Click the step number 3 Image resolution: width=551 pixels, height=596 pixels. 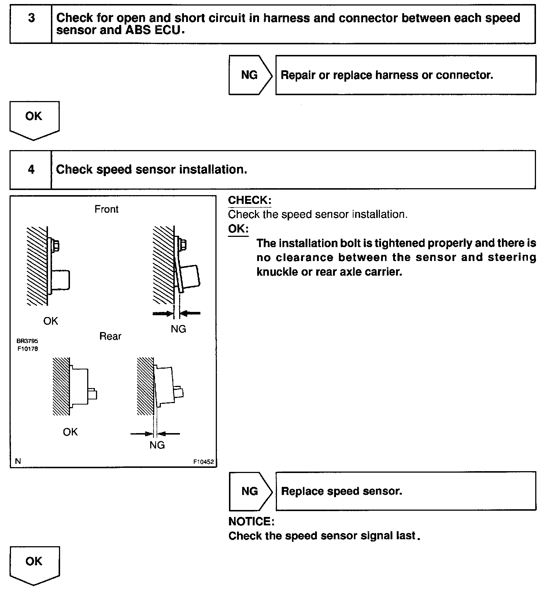pos(32,18)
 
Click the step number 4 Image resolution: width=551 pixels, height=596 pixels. pos(32,170)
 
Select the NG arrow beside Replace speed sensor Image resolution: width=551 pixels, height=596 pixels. pos(250,491)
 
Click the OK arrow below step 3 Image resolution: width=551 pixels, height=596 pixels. pos(34,119)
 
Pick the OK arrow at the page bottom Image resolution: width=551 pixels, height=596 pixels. pos(34,564)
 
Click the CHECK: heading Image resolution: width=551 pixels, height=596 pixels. pos(249,200)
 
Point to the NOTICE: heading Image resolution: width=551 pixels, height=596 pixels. pos(251,521)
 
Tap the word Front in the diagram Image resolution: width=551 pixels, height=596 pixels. pos(107,209)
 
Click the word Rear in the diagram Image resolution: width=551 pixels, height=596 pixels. pos(110,336)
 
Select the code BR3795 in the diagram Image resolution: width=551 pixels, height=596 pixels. pos(27,341)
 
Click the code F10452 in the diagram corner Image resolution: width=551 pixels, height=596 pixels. pos(203,462)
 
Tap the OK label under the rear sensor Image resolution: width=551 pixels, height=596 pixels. pos(70,432)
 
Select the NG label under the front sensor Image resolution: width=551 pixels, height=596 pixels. pos(178,329)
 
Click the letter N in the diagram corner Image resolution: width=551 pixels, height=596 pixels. pos(18,461)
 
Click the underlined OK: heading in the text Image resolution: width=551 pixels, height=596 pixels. pos(238,229)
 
